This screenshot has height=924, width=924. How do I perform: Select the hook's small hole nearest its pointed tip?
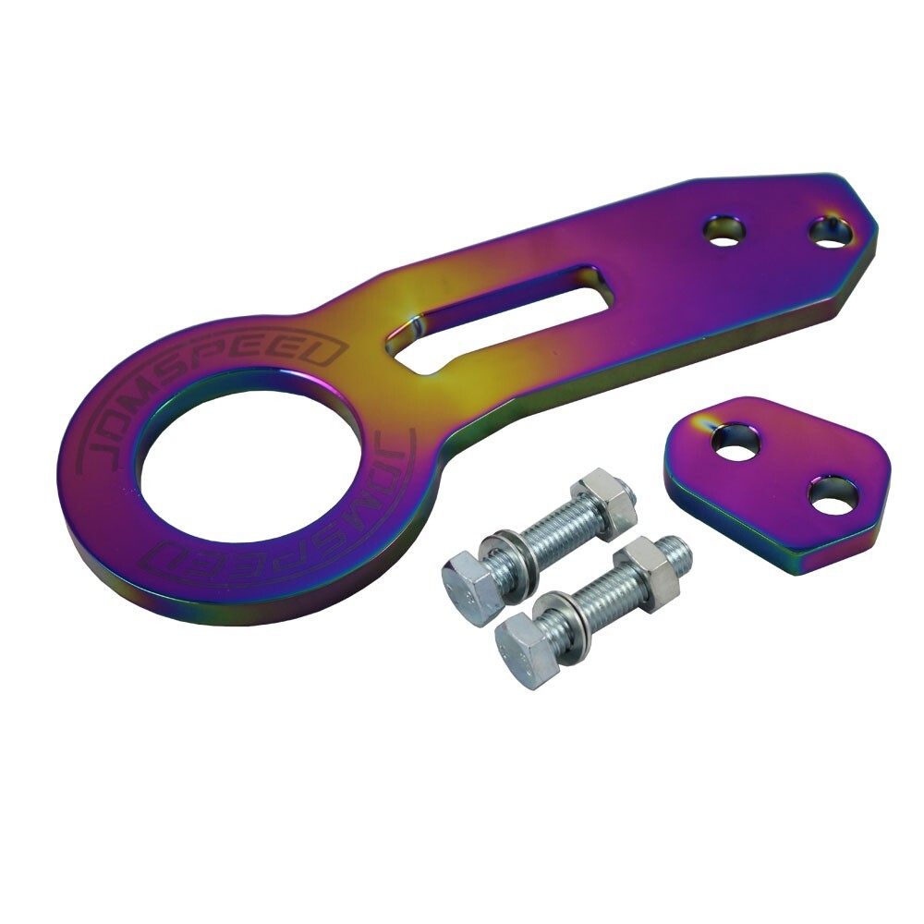click(831, 233)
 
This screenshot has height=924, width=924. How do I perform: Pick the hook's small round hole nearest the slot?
click(724, 230)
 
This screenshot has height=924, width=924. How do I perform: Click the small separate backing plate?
click(778, 484)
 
